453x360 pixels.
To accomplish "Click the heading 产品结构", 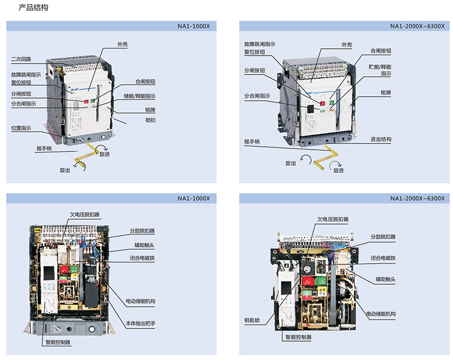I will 33,8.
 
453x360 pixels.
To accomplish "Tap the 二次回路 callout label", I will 21,59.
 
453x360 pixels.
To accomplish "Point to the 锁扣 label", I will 150,120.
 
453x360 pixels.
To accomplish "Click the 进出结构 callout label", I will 381,139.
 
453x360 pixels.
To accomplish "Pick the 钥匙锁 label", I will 251,320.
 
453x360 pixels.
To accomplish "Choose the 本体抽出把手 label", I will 140,324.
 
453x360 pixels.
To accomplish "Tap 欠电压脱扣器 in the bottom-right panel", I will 333,219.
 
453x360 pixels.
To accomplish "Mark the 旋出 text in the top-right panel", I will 291,163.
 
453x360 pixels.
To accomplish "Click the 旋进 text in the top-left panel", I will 105,154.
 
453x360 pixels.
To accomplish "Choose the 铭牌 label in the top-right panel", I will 385,92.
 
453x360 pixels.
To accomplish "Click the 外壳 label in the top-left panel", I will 122,44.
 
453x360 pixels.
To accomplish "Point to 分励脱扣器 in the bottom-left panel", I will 142,233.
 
